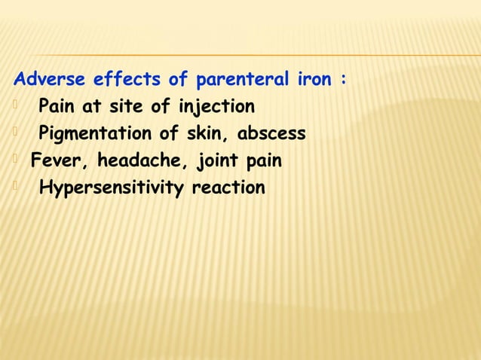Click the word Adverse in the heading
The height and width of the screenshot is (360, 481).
(51, 80)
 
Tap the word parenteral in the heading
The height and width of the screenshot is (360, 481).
(243, 80)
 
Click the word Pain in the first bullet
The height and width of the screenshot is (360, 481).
(58, 107)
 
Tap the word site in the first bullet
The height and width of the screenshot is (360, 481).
(122, 107)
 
